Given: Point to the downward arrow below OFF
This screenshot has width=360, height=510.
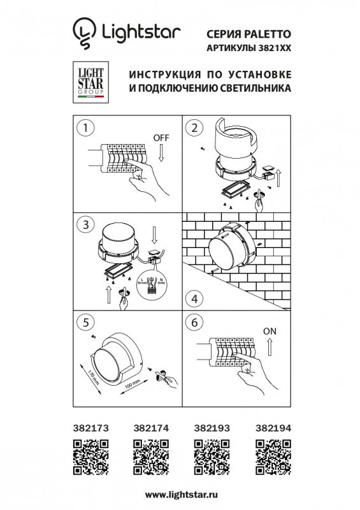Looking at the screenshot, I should tap(161, 154).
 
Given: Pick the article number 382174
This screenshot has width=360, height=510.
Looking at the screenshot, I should tap(149, 429).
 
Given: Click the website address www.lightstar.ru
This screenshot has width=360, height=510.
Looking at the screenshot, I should tap(180, 495).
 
